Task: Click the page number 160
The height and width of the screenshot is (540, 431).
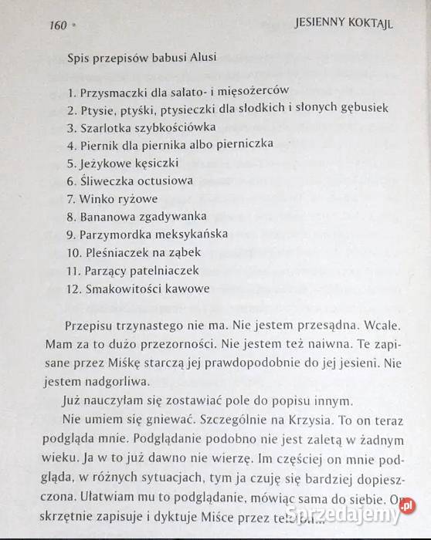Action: pos(57,25)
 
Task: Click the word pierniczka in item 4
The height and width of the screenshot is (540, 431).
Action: pos(246,145)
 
